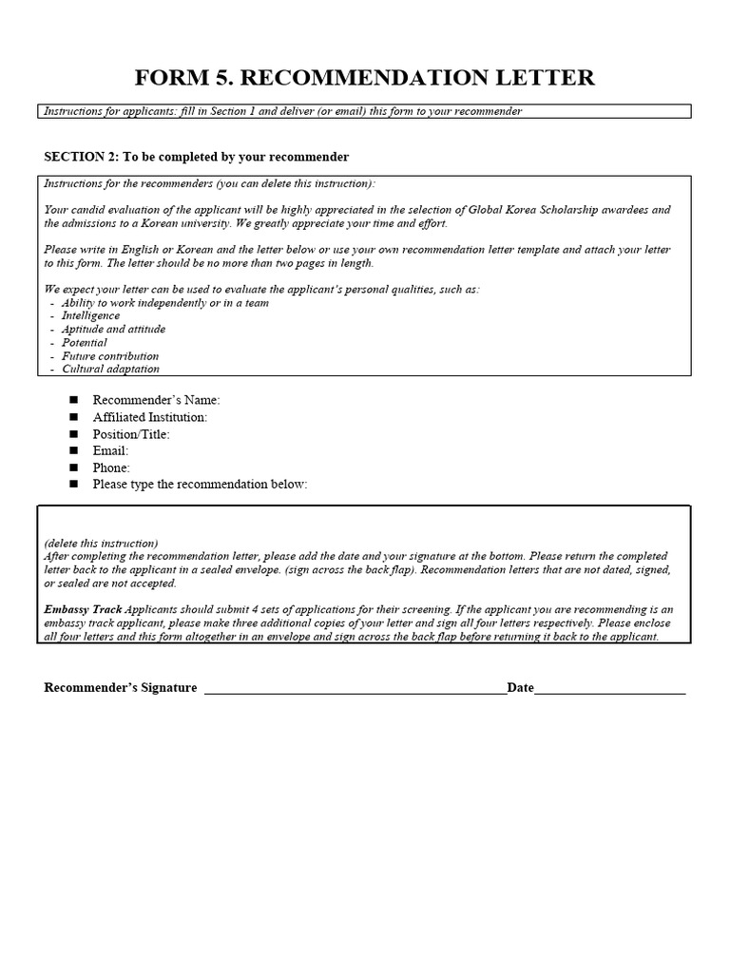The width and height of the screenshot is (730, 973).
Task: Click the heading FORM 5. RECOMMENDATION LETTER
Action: (x=365, y=77)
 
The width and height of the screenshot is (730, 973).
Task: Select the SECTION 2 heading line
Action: (x=197, y=157)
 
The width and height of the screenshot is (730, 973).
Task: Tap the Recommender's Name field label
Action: (x=156, y=400)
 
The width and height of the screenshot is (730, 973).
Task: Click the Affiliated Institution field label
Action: (x=149, y=417)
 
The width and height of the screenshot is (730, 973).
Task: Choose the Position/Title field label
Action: (x=131, y=434)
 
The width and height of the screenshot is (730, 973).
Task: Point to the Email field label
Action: (x=110, y=450)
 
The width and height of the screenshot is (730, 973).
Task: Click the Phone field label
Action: (x=111, y=467)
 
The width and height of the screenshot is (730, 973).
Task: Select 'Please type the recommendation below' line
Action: (x=200, y=485)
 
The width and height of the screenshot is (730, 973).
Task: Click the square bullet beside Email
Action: (x=74, y=450)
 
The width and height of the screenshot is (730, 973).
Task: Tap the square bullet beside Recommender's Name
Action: (x=74, y=400)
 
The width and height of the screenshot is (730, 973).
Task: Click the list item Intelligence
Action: (x=90, y=315)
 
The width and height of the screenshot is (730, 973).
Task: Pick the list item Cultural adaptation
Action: (x=110, y=369)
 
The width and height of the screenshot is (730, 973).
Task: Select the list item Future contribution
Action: (x=110, y=355)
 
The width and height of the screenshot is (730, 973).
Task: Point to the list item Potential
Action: (x=85, y=342)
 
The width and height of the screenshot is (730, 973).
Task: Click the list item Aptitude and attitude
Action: (x=113, y=329)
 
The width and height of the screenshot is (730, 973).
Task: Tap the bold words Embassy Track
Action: (x=83, y=610)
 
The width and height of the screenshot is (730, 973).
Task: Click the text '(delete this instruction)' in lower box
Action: (x=101, y=543)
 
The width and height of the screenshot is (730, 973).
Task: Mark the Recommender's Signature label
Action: (x=121, y=688)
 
